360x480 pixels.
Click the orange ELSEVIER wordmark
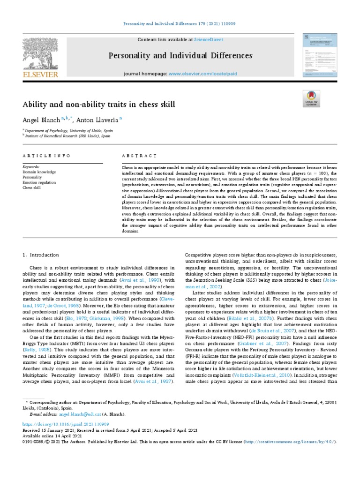tap(40, 75)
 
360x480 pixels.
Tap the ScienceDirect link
tap(196, 40)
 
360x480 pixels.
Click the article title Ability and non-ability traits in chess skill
tap(99, 104)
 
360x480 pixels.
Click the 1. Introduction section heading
tap(41, 255)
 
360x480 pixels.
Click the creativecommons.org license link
tap(292, 442)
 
